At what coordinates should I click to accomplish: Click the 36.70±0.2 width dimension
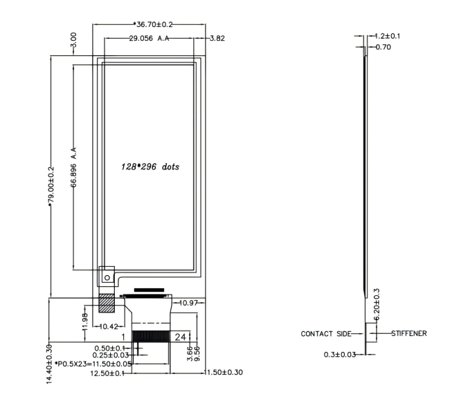click(154, 24)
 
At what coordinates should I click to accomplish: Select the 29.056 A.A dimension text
click(149, 38)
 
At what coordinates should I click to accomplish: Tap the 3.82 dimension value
click(217, 38)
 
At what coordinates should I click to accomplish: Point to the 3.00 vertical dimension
click(73, 40)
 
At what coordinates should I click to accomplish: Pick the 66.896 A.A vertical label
click(74, 167)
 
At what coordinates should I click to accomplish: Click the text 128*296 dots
click(150, 167)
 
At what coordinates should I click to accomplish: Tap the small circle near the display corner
click(107, 277)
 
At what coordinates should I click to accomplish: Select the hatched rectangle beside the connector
click(107, 303)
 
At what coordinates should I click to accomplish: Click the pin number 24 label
click(181, 337)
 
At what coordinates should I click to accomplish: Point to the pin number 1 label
click(123, 337)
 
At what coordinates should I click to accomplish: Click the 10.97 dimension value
click(188, 303)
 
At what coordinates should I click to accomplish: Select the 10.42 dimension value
click(109, 326)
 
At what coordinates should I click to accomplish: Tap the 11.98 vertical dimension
click(84, 321)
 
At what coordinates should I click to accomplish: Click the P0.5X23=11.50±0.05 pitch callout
click(93, 364)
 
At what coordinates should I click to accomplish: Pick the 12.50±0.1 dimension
click(107, 373)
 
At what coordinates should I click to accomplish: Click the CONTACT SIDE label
click(326, 334)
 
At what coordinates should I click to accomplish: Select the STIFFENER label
click(409, 333)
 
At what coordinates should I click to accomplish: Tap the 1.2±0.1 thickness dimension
click(388, 36)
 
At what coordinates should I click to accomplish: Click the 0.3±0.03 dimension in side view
click(340, 355)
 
